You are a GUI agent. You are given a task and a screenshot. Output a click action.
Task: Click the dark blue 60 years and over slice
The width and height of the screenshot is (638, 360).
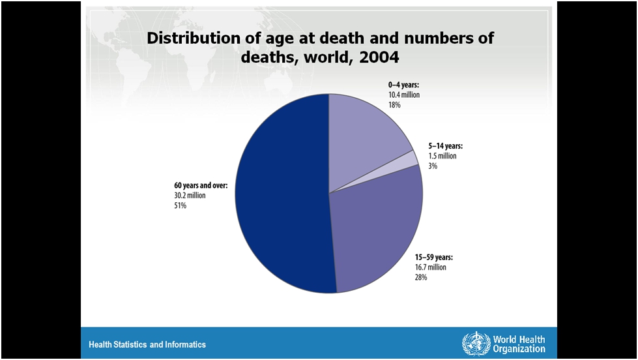(x=280, y=196)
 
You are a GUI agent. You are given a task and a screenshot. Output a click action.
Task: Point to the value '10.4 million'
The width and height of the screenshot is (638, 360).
(x=404, y=95)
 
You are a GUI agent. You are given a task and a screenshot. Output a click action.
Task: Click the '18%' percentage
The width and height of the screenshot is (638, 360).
(x=395, y=105)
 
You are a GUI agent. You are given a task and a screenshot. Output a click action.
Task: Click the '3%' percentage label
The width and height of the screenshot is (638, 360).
(x=433, y=166)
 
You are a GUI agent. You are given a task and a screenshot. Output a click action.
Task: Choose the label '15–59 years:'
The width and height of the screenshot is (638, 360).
(x=433, y=257)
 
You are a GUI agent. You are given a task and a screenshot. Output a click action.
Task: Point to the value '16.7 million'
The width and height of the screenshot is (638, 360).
(x=430, y=267)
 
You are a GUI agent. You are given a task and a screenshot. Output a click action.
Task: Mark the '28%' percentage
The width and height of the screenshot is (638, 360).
(x=421, y=278)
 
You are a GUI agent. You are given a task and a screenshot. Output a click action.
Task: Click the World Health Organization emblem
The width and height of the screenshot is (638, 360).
(x=476, y=343)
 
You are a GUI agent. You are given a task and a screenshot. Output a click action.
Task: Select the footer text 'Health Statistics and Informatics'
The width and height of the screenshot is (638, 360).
(x=147, y=344)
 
